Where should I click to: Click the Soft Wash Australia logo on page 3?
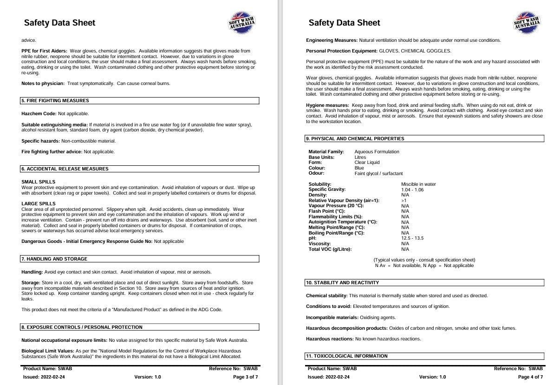click(242, 23)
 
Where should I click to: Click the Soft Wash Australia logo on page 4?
click(527, 23)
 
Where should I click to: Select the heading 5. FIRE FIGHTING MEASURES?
click(55, 101)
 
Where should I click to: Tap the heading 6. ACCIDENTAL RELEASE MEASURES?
click(65, 169)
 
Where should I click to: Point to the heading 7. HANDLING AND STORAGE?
click(54, 259)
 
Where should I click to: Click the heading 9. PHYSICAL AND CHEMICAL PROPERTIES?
click(355, 139)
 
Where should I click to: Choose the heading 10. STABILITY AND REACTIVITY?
click(342, 283)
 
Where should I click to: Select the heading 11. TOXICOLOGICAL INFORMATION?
click(346, 356)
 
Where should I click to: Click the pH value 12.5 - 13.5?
click(412, 238)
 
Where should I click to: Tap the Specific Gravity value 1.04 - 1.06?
click(412, 190)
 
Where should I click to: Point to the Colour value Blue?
click(359, 168)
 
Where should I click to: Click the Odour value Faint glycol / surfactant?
click(378, 174)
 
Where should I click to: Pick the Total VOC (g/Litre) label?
click(330, 249)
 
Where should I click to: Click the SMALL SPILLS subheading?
click(39, 182)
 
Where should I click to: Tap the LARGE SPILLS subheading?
click(39, 204)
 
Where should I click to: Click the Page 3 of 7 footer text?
click(245, 377)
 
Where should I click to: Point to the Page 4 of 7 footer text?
click(530, 377)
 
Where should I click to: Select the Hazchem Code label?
click(39, 114)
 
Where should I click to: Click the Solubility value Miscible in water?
click(418, 184)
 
